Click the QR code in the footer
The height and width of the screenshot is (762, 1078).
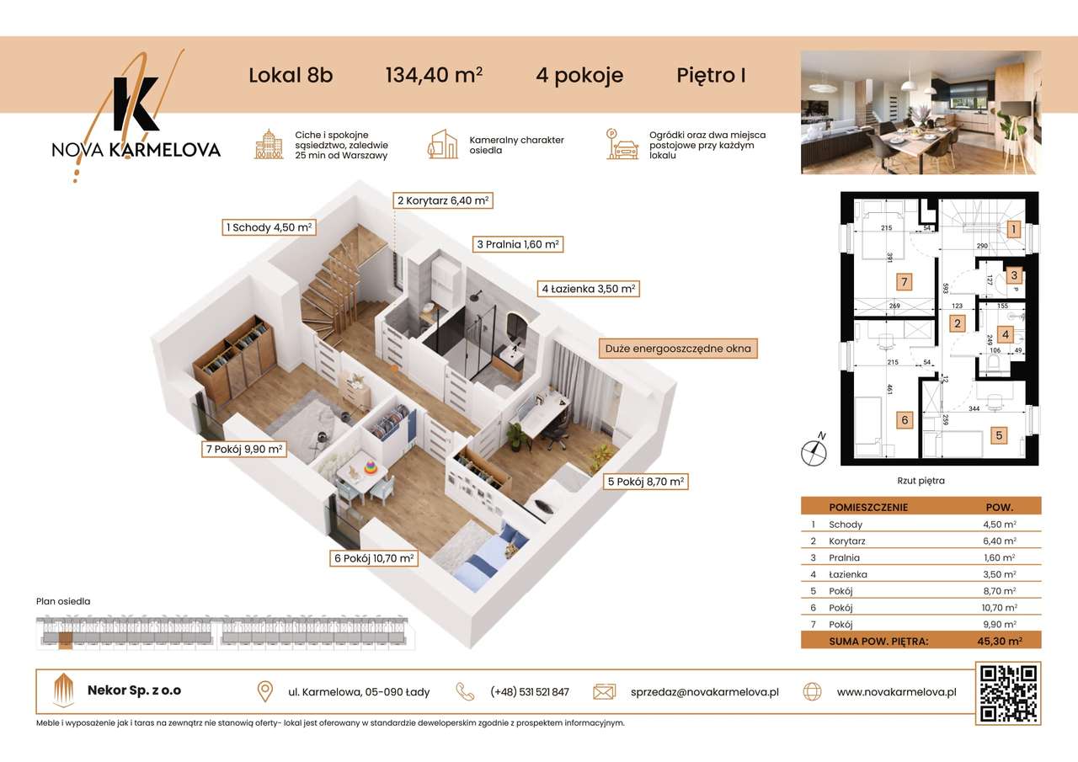coord(1007,692)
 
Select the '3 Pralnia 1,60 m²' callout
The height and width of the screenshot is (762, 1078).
coord(518,244)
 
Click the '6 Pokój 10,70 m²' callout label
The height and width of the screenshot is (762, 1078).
coord(374,557)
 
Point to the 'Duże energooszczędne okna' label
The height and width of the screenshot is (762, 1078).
coord(678,348)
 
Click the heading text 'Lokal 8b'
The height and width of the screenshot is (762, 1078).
coord(291,75)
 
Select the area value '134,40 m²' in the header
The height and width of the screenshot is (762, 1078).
coord(434,75)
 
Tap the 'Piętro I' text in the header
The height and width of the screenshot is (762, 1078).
coord(711,75)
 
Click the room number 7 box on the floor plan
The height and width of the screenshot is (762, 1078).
coord(904,281)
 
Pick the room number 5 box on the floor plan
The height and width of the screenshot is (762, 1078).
coord(998,435)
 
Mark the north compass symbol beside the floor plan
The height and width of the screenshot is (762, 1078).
coord(814,451)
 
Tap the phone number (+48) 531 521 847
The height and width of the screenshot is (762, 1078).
coord(529,692)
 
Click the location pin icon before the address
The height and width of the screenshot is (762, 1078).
coord(265,691)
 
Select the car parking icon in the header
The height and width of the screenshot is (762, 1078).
coord(623,145)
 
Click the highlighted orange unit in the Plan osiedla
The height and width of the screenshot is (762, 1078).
coord(66,641)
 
